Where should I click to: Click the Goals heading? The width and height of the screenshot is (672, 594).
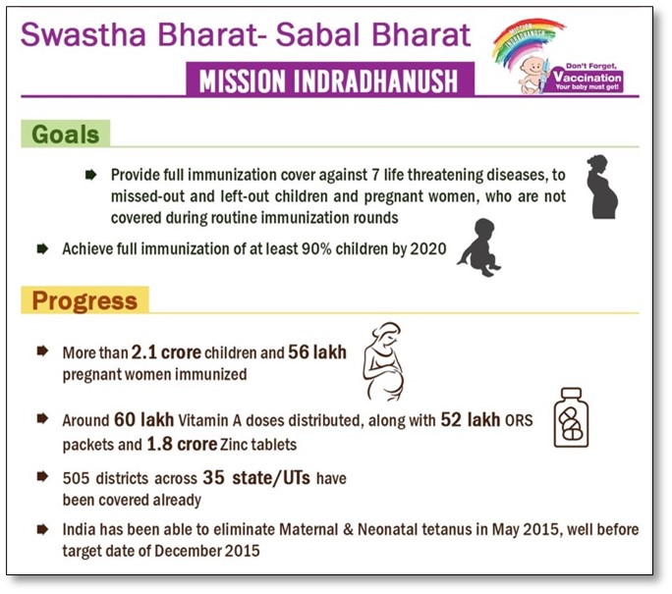coord(65,135)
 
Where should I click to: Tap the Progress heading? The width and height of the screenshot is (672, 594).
coord(84,300)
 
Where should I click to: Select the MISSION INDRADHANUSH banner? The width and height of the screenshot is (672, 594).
coord(330,80)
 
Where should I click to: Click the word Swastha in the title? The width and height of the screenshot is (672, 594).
coord(84,34)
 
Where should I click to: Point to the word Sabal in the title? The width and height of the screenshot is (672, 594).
coord(319,34)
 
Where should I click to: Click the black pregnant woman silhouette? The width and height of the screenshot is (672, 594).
coord(601,187)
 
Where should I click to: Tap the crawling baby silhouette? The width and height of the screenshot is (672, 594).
coord(479,247)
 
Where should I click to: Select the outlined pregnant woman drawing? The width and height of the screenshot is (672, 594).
coord(384,362)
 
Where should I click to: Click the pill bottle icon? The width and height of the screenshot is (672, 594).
coord(571,417)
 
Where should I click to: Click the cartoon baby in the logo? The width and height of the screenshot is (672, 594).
coord(532,75)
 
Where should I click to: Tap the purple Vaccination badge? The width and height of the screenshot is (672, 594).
coord(587,78)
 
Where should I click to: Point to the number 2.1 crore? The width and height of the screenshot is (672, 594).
coord(166,352)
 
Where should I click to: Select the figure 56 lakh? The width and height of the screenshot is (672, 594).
coord(317,352)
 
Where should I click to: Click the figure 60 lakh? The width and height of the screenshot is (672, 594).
coord(144,419)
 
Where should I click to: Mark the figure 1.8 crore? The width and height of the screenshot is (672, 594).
coord(182,444)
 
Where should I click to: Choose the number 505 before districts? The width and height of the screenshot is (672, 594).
coord(76,478)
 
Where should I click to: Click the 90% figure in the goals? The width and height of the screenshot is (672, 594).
coord(316,248)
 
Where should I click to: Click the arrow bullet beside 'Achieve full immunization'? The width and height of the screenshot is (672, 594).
coord(42,248)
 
